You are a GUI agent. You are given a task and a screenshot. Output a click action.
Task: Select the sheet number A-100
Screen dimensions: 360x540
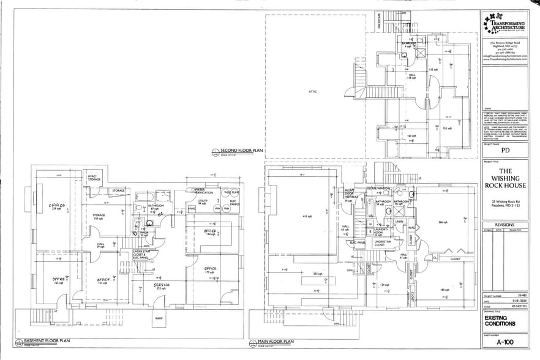[505, 345]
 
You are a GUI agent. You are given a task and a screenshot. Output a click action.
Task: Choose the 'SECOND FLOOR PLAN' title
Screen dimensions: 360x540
[241, 149]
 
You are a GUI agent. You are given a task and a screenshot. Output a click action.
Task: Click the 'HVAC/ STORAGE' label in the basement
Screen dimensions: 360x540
[94, 178]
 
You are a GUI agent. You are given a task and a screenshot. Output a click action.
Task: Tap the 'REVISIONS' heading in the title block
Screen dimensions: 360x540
[505, 225]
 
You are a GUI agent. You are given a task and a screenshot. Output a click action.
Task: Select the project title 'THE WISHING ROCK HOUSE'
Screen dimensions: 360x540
[505, 178]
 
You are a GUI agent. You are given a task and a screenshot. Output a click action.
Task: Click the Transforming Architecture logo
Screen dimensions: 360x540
[505, 23]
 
